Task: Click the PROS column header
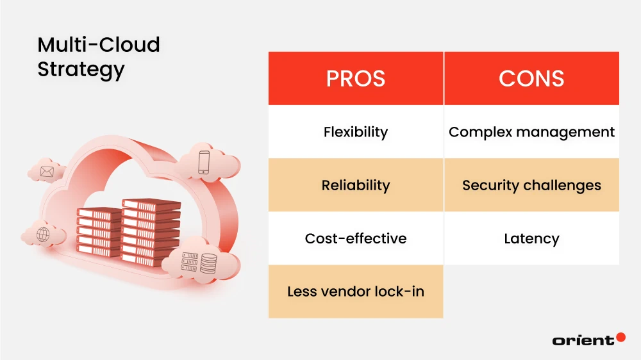tap(356, 78)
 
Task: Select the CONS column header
tap(531, 78)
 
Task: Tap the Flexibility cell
tap(356, 132)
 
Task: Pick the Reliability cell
tap(356, 185)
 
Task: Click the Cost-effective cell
tap(356, 238)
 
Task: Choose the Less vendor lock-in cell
tap(356, 291)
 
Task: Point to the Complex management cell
tap(531, 132)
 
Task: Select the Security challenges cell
tap(531, 185)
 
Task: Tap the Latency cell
tap(531, 238)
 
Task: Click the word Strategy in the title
tap(81, 69)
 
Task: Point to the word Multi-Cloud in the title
tap(98, 45)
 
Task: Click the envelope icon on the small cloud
tap(47, 171)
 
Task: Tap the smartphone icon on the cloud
tap(204, 162)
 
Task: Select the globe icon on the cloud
tap(43, 234)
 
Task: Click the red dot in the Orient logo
tap(620, 337)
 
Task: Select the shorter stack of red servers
tap(99, 232)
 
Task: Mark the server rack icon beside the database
tap(190, 261)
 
